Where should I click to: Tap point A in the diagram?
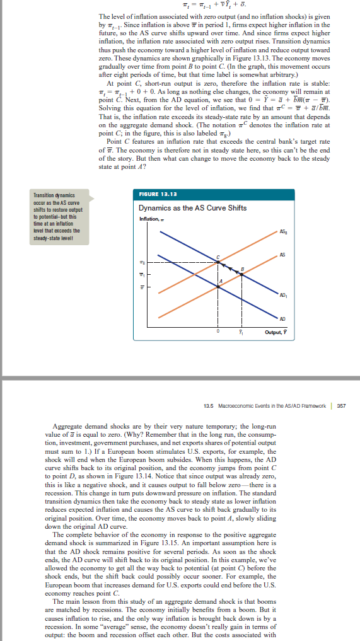[218, 286]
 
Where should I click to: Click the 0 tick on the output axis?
[218, 330]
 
